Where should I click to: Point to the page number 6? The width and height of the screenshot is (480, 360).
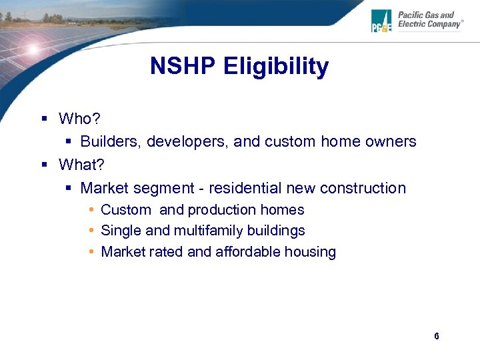pyautogui.click(x=436, y=336)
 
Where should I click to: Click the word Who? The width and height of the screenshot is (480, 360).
pyautogui.click(x=79, y=119)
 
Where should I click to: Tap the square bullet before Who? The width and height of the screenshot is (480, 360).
pyautogui.click(x=44, y=119)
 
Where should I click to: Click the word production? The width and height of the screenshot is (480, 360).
pyautogui.click(x=221, y=210)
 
